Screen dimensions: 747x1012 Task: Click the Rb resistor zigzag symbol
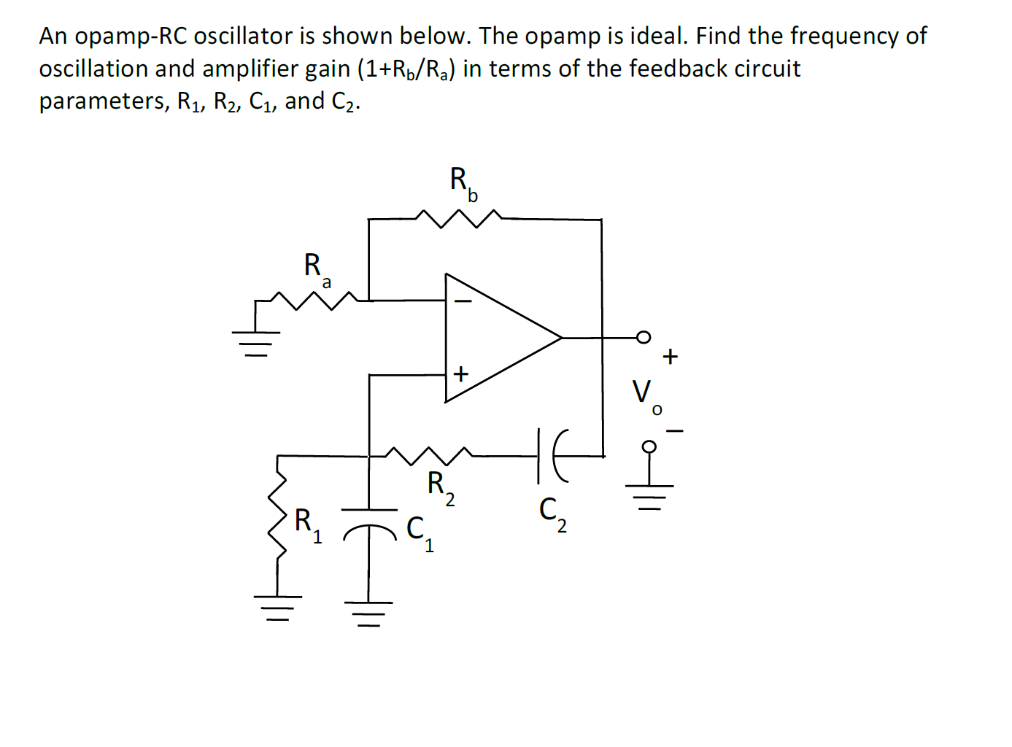point(458,217)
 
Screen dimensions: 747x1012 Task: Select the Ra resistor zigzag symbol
point(314,300)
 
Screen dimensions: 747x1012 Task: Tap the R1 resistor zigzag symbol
point(277,514)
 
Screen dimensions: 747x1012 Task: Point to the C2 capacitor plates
point(549,456)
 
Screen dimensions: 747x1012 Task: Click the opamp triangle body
point(496,338)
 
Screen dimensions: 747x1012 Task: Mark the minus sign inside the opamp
point(463,300)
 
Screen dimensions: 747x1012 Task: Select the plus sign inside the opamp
point(460,374)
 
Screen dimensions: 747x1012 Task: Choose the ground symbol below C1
point(369,613)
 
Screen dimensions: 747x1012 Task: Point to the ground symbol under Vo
point(649,495)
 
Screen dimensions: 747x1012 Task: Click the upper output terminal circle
point(643,336)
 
